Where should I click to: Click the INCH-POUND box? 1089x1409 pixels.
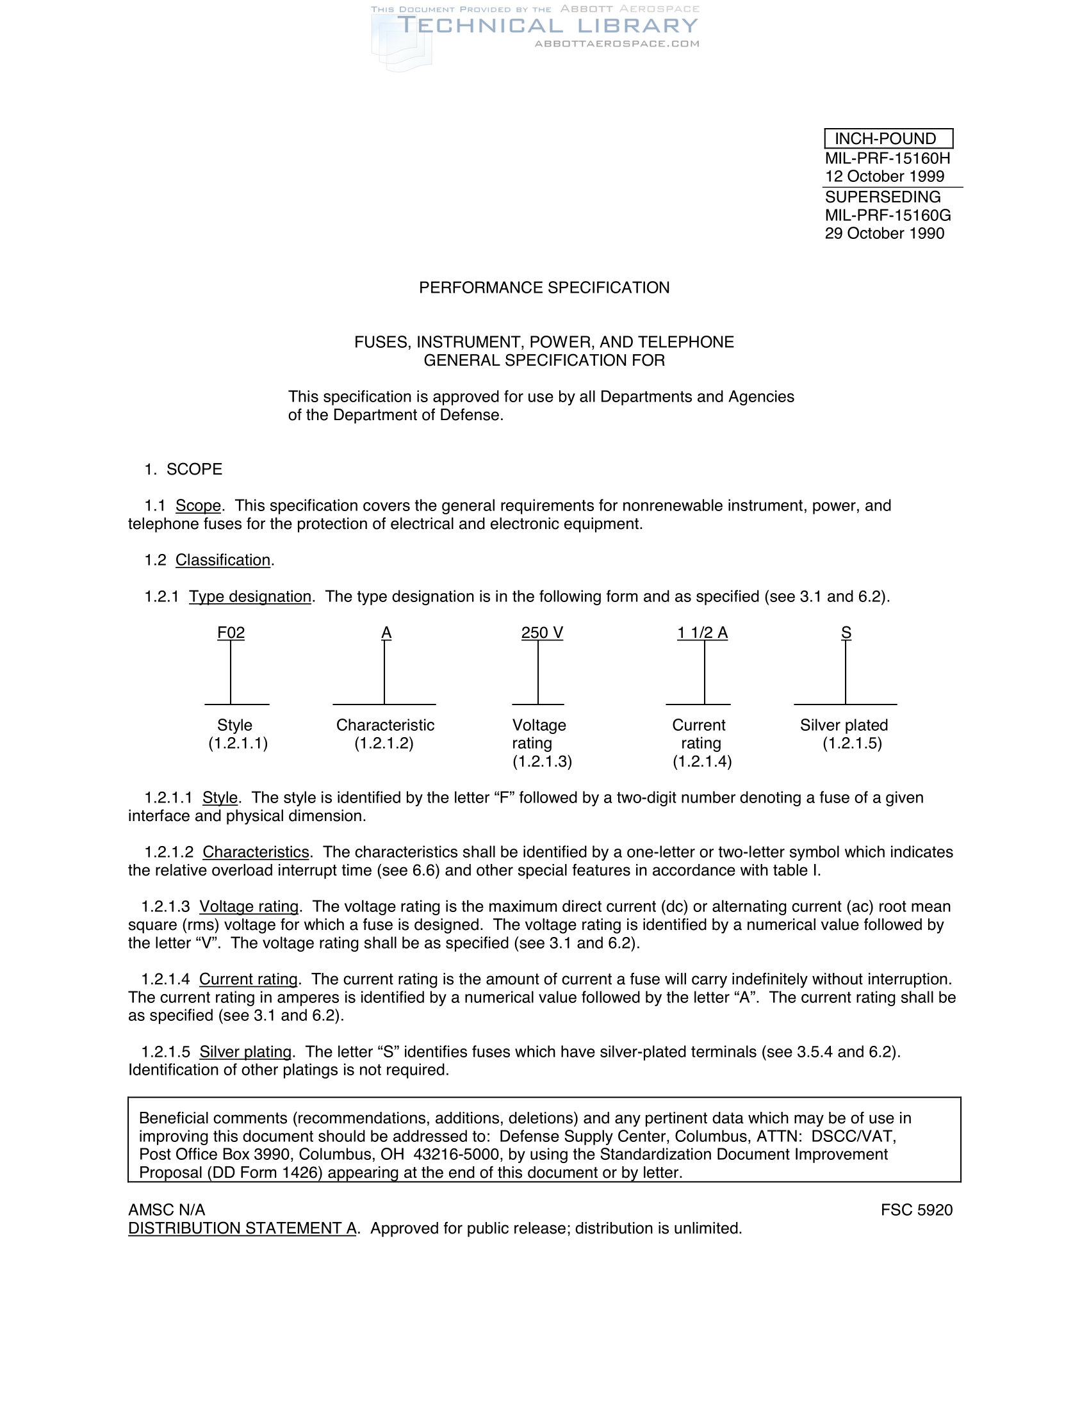click(888, 139)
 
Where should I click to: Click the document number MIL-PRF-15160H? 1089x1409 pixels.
click(887, 158)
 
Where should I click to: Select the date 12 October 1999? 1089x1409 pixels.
click(884, 176)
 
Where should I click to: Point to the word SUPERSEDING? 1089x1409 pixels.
click(882, 197)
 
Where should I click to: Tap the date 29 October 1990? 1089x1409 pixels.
click(884, 234)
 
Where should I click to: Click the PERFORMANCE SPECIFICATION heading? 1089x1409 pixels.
click(544, 288)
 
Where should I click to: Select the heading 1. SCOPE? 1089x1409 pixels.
click(183, 469)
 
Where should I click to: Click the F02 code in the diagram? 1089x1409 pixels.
click(231, 633)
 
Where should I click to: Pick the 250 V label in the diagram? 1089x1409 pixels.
click(542, 633)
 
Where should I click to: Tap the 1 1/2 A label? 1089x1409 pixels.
click(702, 633)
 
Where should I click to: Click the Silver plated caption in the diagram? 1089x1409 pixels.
click(844, 725)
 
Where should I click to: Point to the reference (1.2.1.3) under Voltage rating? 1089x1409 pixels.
click(542, 762)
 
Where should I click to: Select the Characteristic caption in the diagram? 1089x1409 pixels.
click(385, 725)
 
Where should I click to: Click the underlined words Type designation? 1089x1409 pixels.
click(250, 597)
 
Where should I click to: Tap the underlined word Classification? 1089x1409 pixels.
click(222, 560)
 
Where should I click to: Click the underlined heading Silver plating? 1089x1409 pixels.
click(245, 1052)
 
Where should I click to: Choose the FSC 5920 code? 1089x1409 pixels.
click(916, 1210)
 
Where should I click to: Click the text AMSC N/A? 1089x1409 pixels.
click(167, 1210)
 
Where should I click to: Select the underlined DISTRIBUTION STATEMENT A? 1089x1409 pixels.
click(242, 1228)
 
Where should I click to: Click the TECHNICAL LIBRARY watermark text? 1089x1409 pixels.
click(547, 26)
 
